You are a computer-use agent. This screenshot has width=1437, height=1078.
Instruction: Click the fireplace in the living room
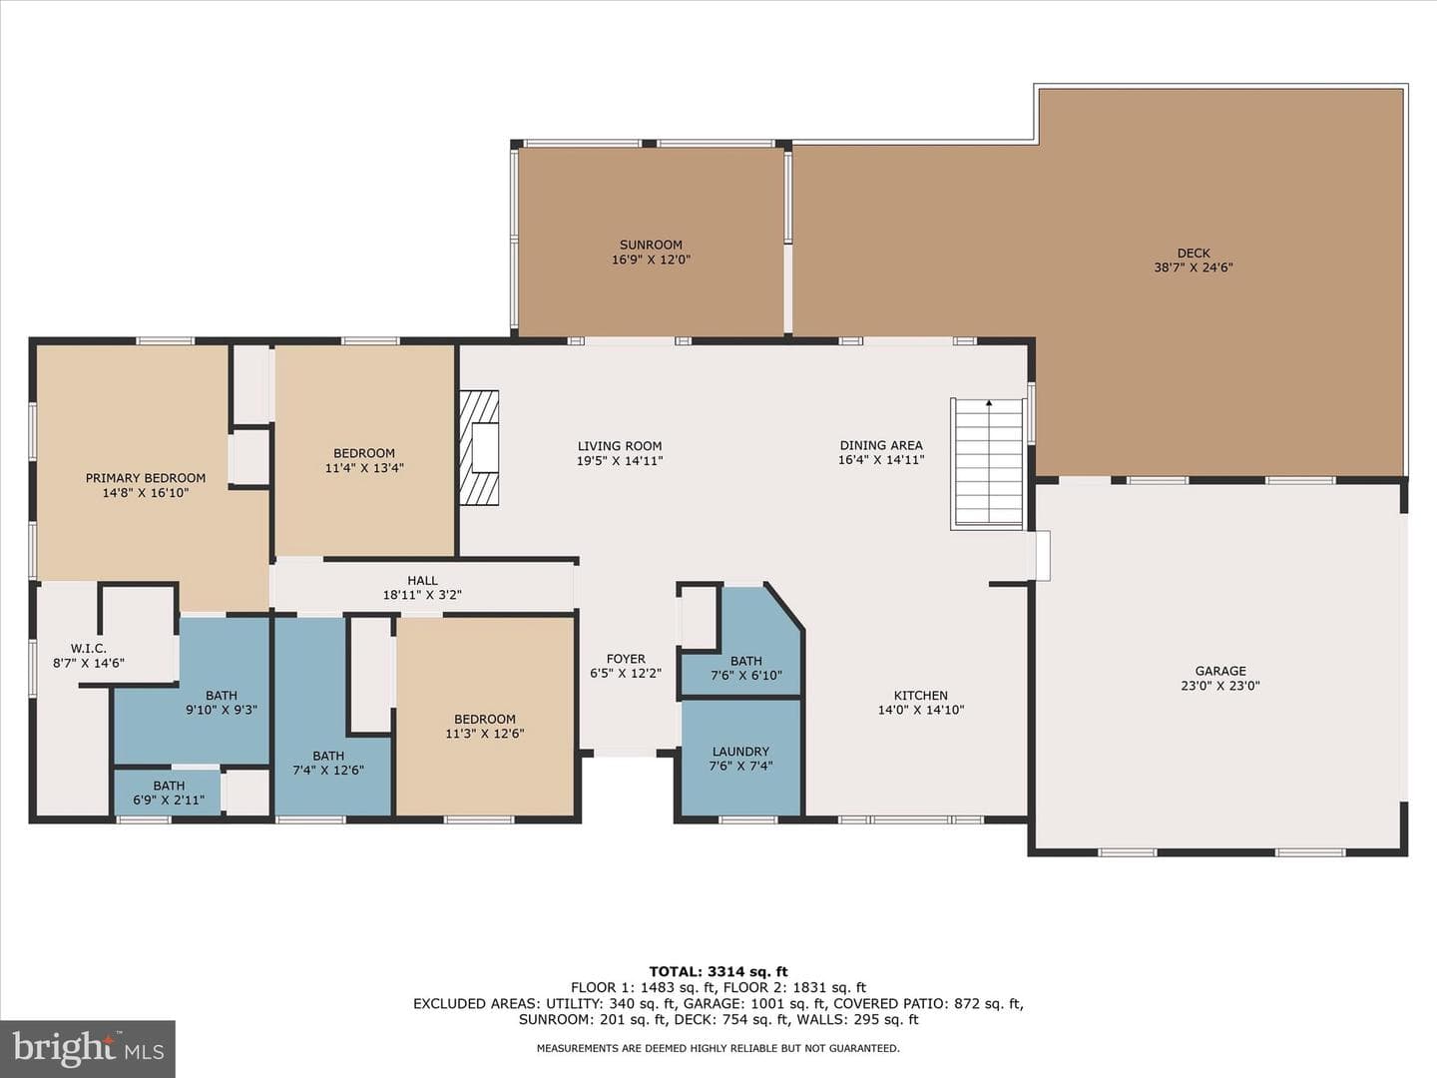coord(479,448)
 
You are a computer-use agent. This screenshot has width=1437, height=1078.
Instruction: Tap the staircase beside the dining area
coord(988,463)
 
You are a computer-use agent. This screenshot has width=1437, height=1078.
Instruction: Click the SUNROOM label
coord(651,245)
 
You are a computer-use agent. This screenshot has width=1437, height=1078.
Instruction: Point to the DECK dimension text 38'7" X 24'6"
coord(1194,268)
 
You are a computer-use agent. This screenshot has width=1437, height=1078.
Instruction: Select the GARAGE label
coord(1220,671)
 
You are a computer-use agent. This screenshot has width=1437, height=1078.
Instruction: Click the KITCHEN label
coord(921,695)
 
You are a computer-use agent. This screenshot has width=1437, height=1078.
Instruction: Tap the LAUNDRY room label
coord(741,752)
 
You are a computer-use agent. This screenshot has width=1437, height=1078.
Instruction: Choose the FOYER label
coord(626,659)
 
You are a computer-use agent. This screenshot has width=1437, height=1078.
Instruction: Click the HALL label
coord(422,580)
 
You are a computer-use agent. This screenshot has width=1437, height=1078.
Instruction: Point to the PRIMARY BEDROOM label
coord(146,478)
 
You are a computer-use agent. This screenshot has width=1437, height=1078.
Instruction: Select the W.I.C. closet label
coord(89,648)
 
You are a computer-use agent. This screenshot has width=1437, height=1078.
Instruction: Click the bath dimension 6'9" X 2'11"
coord(169,800)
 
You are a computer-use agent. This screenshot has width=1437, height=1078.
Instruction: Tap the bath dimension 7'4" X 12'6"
coord(328,770)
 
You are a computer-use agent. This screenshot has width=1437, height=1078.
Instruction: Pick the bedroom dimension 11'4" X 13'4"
coord(364,468)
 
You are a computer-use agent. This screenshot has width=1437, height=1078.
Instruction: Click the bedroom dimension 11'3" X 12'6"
coord(484,733)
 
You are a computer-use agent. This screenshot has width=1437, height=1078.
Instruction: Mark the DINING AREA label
coord(881,445)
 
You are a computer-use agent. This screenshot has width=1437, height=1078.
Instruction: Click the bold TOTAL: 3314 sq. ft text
coord(718,971)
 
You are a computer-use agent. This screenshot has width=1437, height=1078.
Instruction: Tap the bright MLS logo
coord(88,1049)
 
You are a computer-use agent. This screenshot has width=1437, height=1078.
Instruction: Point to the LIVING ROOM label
coord(620,446)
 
